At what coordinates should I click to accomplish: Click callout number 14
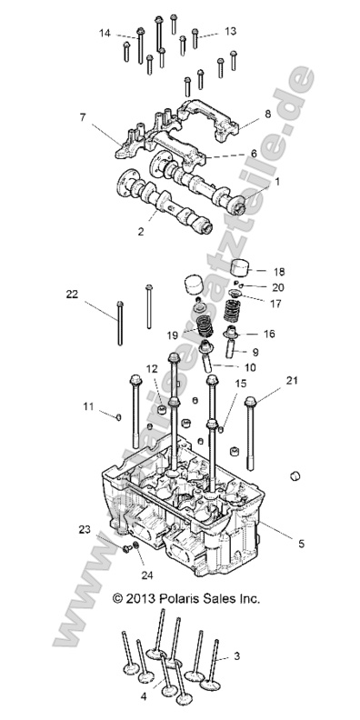tap(105, 33)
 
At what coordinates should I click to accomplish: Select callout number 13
tap(230, 31)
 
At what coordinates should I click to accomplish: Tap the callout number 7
tap(83, 117)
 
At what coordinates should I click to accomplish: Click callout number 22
tap(71, 294)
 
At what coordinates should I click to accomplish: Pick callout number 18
tap(279, 271)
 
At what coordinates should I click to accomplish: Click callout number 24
tap(145, 575)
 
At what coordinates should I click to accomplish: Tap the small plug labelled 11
tap(117, 416)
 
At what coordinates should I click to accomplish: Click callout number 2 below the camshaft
tap(140, 232)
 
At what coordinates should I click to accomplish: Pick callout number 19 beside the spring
tap(173, 335)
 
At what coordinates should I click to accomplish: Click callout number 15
tap(240, 385)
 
